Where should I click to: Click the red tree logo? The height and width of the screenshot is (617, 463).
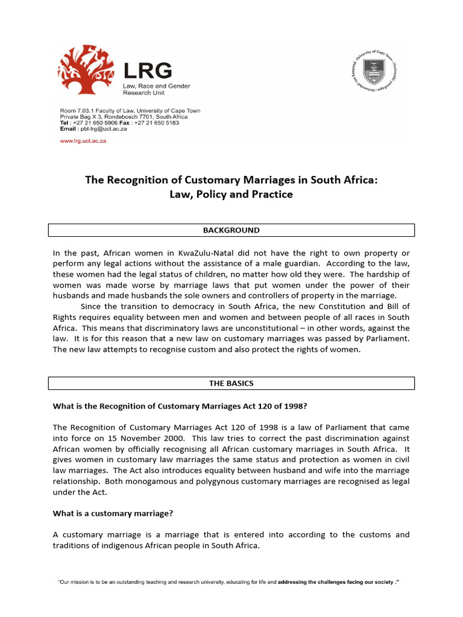[x=88, y=74]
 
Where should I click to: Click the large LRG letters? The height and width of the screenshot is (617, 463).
[x=148, y=72]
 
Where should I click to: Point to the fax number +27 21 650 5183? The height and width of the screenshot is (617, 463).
[x=159, y=122]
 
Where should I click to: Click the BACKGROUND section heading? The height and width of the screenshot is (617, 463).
[x=231, y=230]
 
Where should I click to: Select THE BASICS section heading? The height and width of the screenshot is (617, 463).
[x=231, y=383]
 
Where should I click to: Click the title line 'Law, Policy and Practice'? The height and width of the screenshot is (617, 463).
[x=231, y=195]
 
